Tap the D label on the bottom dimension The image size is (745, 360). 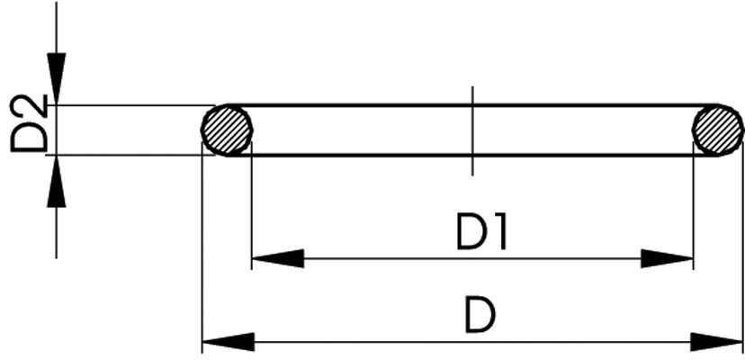480,315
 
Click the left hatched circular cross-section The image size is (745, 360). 227,130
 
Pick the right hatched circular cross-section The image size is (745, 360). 718,130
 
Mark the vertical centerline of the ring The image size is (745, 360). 472,130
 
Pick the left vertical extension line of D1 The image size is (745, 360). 252,207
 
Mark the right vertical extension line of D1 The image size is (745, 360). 693,207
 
